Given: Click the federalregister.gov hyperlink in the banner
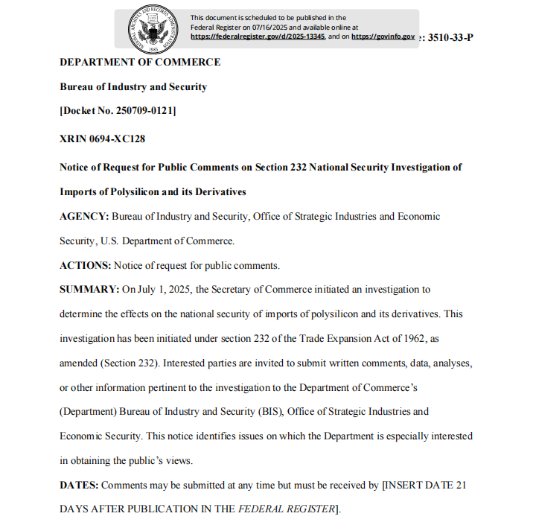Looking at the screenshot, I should click(x=258, y=36).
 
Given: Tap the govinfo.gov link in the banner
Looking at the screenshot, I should click(x=383, y=36).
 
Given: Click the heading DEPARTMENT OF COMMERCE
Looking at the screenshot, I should click(x=140, y=62).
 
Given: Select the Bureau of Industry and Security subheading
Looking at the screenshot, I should click(x=133, y=87).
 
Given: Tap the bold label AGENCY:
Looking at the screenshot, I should click(x=85, y=217).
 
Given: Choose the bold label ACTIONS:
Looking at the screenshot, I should click(x=86, y=265).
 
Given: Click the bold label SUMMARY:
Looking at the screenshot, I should click(x=89, y=289).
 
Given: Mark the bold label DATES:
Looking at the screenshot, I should click(x=79, y=486).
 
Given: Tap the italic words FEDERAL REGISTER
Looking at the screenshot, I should click(x=287, y=510).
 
